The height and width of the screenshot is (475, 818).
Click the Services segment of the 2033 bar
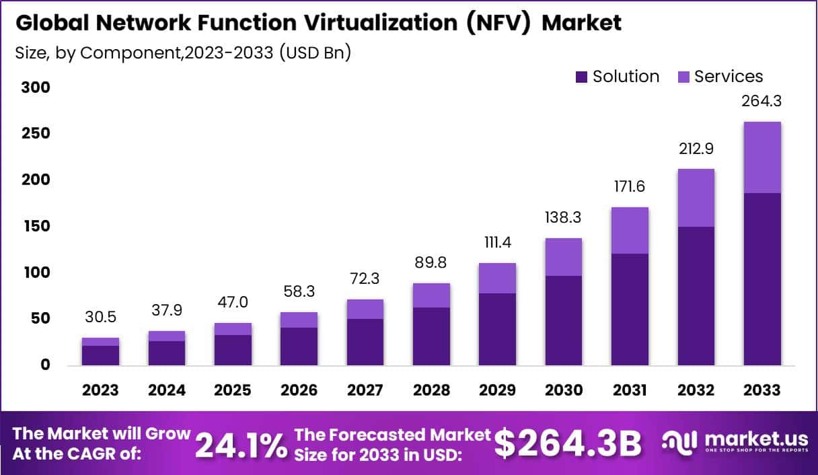click(762, 157)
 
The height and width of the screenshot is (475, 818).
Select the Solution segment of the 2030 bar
click(563, 320)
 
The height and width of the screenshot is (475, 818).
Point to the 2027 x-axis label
click(365, 390)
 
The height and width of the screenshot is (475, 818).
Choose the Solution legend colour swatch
click(582, 77)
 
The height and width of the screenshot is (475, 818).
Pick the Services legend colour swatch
click(683, 77)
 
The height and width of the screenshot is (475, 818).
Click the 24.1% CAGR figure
click(240, 445)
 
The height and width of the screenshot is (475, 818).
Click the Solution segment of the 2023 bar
click(100, 355)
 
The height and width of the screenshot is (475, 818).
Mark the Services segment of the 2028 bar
click(431, 295)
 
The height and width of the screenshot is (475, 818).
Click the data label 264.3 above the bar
click(762, 102)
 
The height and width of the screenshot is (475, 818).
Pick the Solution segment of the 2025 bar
click(233, 350)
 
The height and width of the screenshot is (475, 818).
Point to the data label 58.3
click(299, 292)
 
